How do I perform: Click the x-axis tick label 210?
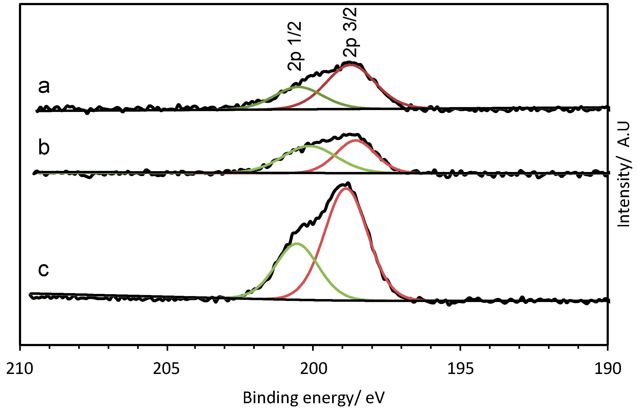20,369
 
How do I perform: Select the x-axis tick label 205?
166,369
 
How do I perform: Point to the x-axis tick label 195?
461,369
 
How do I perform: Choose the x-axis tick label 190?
607,369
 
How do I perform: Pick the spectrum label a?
44,87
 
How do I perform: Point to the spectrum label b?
44,147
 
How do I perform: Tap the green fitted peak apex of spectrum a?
298,87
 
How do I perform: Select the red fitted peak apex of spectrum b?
355,140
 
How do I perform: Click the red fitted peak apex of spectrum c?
346,188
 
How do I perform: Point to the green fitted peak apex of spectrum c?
297,243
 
